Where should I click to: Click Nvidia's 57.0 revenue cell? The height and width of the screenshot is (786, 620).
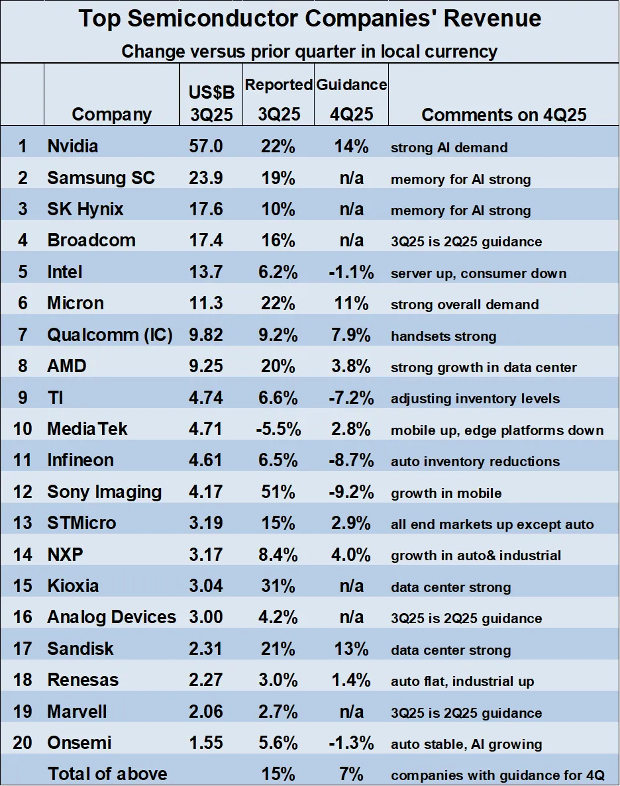(206, 146)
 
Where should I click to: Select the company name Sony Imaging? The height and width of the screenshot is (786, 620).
(104, 492)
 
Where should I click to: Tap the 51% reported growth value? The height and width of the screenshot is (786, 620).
(278, 492)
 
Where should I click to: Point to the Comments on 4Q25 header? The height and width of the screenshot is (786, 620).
(503, 115)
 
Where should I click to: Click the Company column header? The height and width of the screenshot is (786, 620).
(111, 115)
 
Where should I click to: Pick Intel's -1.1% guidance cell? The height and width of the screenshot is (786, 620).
(351, 272)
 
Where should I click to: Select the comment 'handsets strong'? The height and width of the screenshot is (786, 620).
(443, 336)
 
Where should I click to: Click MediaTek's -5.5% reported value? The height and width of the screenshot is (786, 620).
(278, 429)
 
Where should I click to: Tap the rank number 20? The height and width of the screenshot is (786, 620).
(23, 743)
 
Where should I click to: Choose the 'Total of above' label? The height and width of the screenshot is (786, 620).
(107, 774)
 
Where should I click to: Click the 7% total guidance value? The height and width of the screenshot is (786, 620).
(351, 774)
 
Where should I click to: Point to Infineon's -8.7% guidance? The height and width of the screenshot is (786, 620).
(351, 460)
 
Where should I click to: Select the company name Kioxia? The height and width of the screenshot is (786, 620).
(73, 586)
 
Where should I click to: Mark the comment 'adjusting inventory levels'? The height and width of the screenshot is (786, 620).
(475, 399)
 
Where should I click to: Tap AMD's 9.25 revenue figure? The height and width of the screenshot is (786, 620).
(206, 366)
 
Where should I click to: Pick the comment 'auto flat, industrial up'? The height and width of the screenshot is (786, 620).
(462, 681)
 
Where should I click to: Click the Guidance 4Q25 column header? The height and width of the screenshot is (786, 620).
(351, 99)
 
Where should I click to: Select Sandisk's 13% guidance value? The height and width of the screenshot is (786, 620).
(351, 649)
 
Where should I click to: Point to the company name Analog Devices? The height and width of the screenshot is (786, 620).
(111, 617)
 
